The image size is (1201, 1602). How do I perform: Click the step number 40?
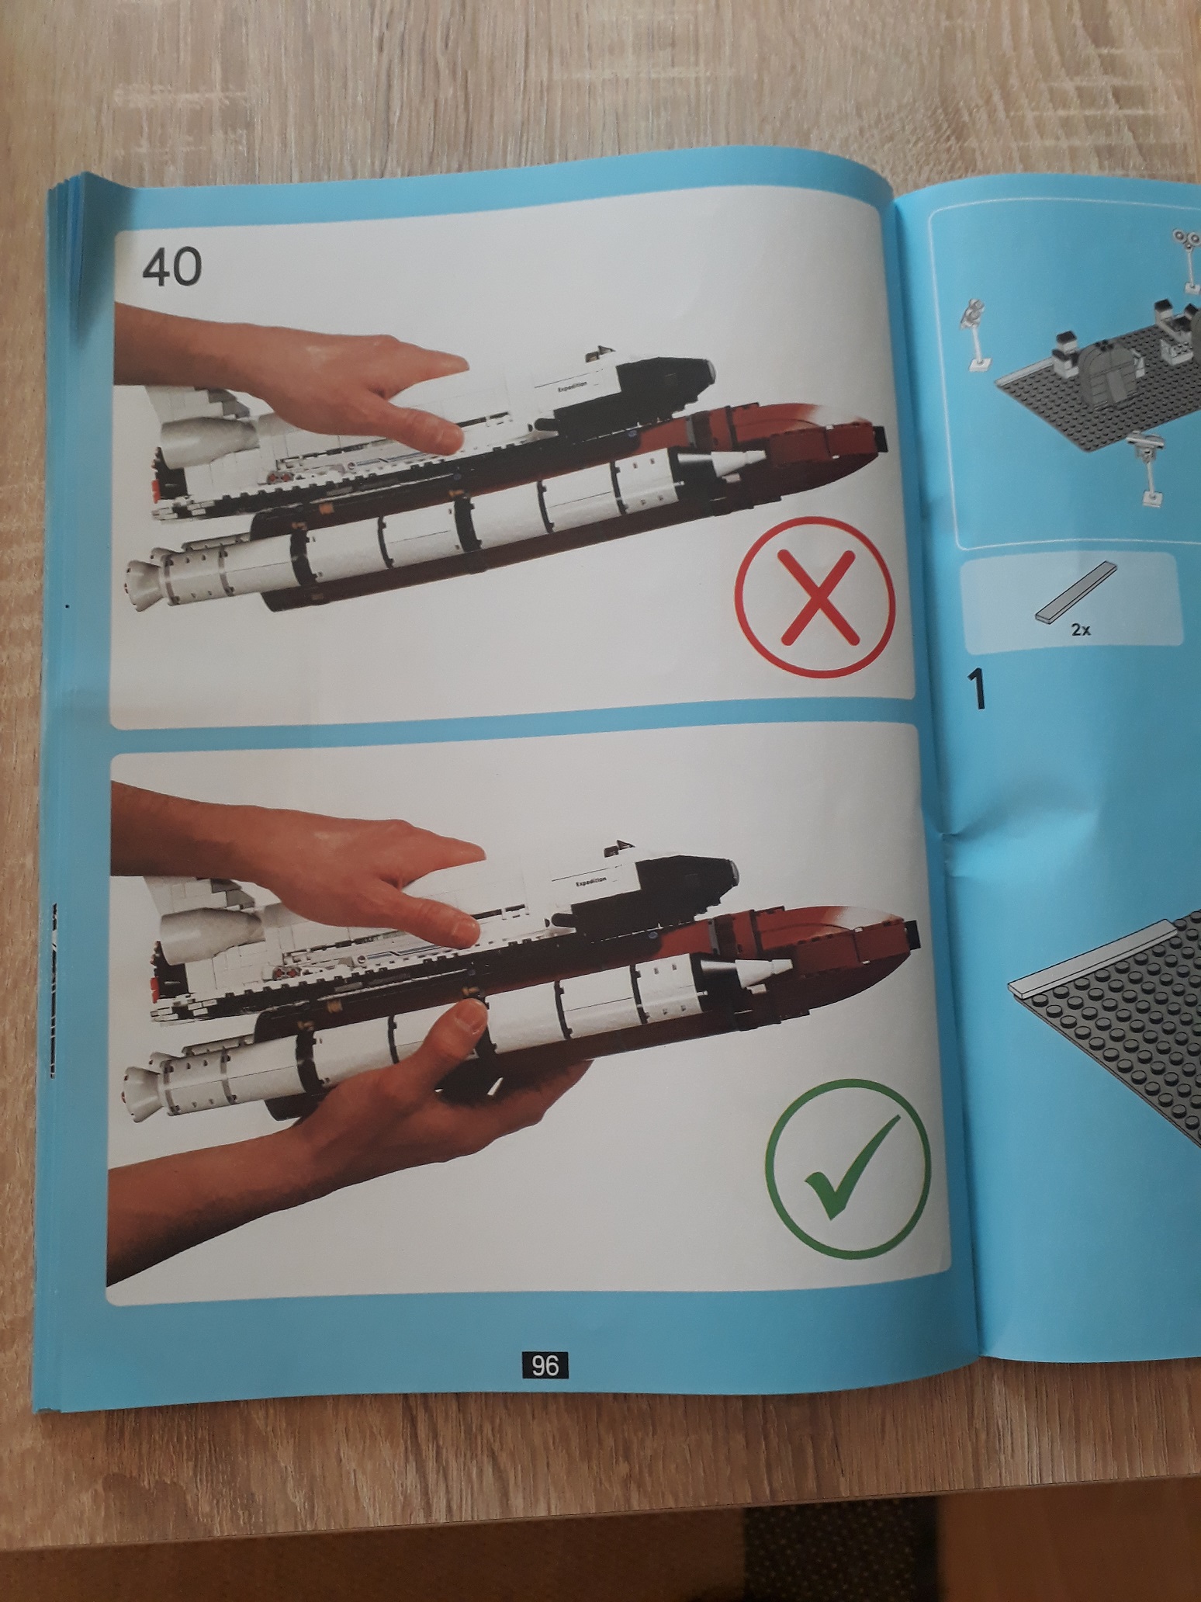[171, 267]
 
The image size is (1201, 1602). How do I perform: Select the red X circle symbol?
[815, 595]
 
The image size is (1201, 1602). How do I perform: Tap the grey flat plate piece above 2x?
[1077, 592]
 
